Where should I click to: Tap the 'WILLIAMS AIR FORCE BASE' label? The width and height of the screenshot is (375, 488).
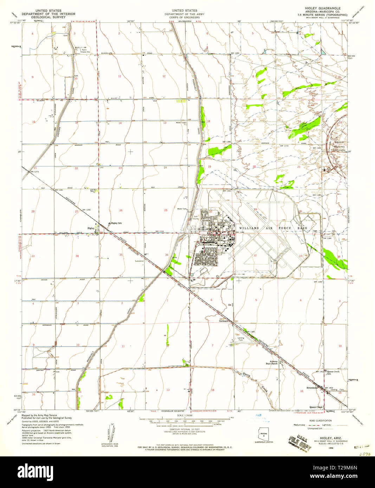[273, 228]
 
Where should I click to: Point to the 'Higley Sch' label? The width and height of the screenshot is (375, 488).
[116, 223]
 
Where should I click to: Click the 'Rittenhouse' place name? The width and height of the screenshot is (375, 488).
[306, 391]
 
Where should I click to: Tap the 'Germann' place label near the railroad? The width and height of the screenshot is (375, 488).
[224, 321]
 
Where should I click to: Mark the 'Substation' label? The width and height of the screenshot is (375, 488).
[140, 261]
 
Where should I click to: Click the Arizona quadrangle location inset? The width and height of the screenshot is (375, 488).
[263, 434]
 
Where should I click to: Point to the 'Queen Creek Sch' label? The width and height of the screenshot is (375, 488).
[332, 372]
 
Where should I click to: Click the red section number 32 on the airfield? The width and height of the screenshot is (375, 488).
[255, 256]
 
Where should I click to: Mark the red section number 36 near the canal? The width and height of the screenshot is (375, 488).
[166, 255]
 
